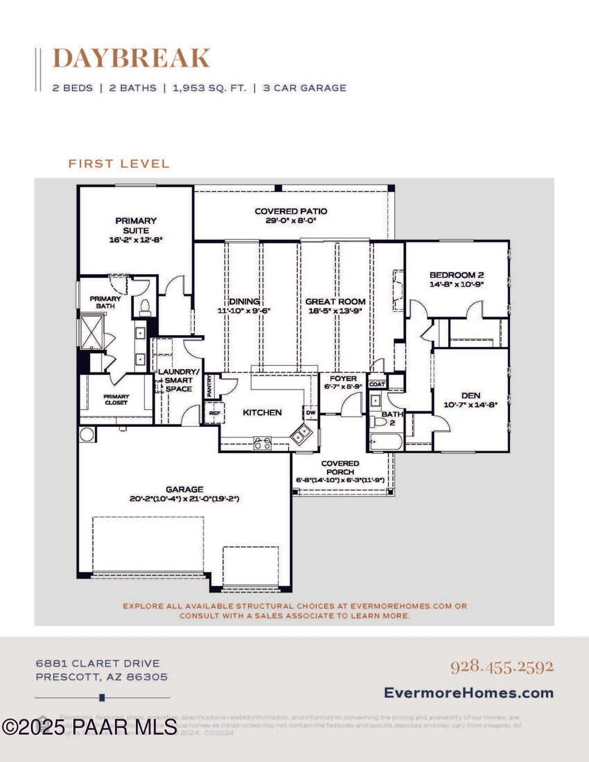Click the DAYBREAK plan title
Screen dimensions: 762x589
click(131, 58)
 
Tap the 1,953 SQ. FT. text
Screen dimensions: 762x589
click(209, 88)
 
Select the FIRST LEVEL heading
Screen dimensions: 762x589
click(119, 164)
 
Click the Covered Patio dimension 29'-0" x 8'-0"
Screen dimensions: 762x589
click(291, 221)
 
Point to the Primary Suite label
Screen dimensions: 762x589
click(136, 225)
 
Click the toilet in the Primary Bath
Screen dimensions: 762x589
click(145, 307)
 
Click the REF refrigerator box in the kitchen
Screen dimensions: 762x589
click(215, 413)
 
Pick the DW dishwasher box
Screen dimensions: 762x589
click(311, 413)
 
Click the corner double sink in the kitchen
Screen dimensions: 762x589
click(302, 434)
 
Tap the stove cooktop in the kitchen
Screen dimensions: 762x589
click(262, 443)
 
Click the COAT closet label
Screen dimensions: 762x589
click(377, 384)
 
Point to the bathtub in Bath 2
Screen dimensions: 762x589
click(385, 442)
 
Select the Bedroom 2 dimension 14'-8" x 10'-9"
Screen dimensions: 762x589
click(456, 284)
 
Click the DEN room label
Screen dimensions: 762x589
click(470, 395)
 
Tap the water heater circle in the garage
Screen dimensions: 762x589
click(87, 434)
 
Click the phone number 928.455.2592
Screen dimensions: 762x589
click(502, 666)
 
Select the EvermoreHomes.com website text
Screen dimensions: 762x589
click(469, 693)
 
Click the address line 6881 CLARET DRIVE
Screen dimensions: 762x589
click(98, 663)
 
